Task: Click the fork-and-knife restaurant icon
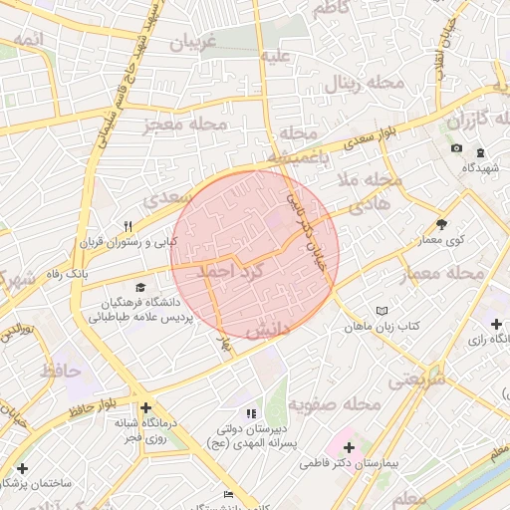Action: point(127,225)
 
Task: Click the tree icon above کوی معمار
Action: point(442,225)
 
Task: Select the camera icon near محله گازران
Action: point(456,148)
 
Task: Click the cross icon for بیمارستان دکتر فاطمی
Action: point(349,447)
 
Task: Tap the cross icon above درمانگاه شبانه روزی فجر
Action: point(146,407)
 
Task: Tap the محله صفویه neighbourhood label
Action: point(339,404)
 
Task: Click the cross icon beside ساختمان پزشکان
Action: point(22,467)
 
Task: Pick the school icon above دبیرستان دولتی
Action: point(250,412)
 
